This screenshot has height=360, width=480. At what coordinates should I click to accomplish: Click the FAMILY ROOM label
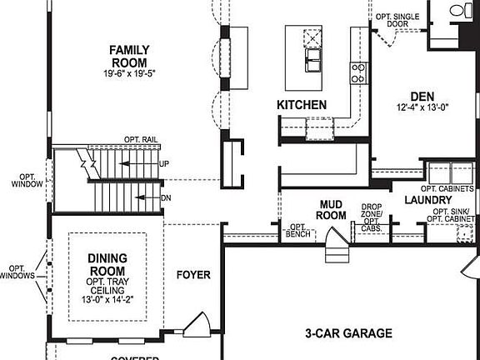[x=128, y=56]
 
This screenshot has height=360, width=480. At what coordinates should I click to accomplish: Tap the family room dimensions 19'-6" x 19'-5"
[x=128, y=74]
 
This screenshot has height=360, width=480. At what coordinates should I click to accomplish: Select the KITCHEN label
[x=302, y=105]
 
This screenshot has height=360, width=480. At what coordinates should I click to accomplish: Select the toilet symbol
[x=458, y=11]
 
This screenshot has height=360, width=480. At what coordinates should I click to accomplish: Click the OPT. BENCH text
[x=297, y=230]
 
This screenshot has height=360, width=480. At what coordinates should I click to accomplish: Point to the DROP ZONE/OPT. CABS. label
[x=372, y=217]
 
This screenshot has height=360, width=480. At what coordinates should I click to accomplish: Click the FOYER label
[x=193, y=275]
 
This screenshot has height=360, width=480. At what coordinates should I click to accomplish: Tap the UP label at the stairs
[x=164, y=164]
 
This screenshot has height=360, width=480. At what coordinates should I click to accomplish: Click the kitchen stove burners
[x=358, y=72]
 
